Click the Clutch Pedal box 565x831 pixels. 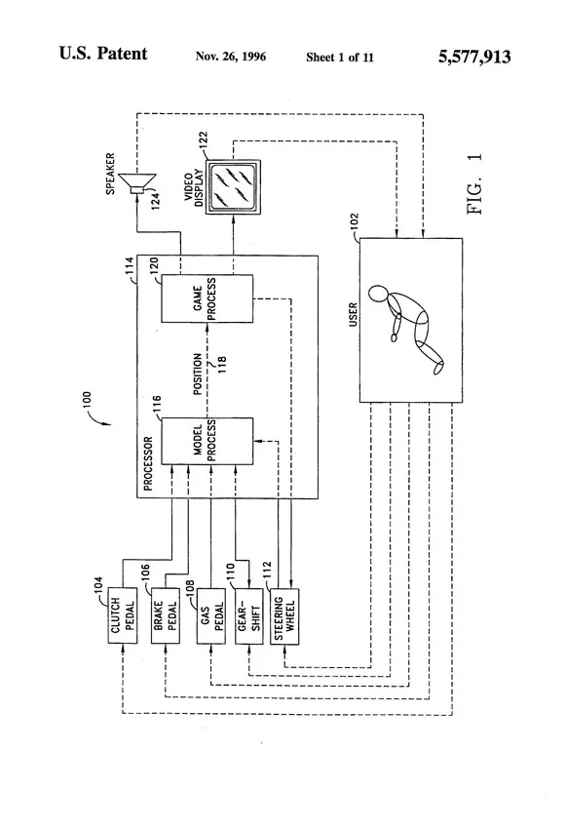(x=123, y=615)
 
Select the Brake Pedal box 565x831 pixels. (x=166, y=615)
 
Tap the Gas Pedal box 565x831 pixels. (x=210, y=615)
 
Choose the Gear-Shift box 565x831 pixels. (x=248, y=615)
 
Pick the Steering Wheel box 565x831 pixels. (x=284, y=616)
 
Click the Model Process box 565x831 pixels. (x=207, y=442)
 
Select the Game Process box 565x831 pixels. (x=207, y=298)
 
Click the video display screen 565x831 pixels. (x=233, y=187)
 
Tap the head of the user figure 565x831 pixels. (x=379, y=295)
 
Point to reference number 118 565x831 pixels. (x=222, y=365)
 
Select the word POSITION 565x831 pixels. (x=197, y=375)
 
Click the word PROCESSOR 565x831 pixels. (x=148, y=463)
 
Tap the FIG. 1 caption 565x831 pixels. (x=474, y=184)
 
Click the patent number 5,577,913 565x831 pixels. (x=474, y=57)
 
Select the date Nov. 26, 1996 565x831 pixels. (x=230, y=57)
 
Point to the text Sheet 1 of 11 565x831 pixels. (x=339, y=58)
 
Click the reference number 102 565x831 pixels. (x=355, y=221)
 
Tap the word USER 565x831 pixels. (x=354, y=314)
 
